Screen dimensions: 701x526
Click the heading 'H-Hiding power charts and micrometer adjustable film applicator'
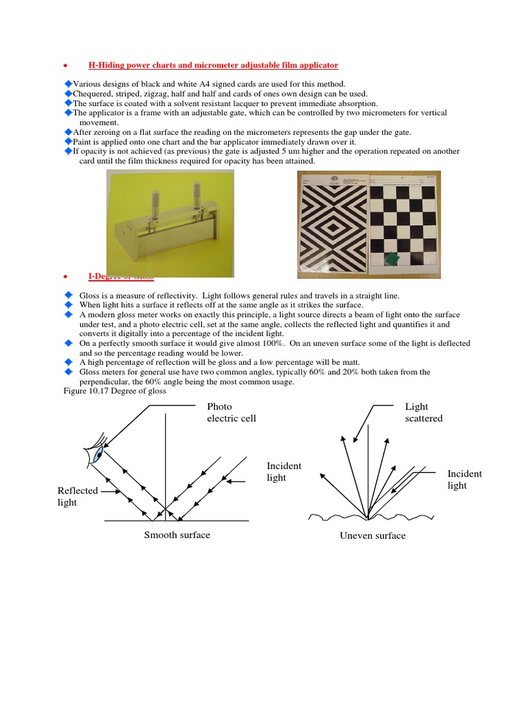coord(213,65)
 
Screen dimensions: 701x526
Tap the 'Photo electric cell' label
coord(231,412)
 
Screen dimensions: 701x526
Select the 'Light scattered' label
coord(423,412)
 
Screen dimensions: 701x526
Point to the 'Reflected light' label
coord(77,496)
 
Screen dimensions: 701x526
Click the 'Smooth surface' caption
coord(177,535)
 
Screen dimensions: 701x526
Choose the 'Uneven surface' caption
coord(373,535)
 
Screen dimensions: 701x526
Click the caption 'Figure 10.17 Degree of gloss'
coord(110,391)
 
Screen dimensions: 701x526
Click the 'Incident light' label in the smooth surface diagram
coord(284,472)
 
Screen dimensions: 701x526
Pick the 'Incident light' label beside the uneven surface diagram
coord(464,479)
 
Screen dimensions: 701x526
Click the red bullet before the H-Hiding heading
coord(64,66)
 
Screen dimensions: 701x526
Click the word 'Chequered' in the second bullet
coord(94,94)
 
